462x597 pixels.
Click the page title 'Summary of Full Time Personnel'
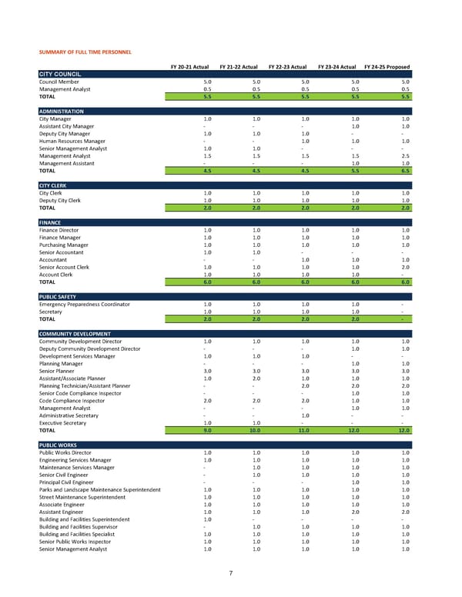click(x=85, y=52)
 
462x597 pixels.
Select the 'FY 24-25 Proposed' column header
click(x=387, y=67)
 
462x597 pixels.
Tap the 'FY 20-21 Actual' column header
click(x=189, y=67)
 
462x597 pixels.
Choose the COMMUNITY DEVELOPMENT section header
click(x=75, y=333)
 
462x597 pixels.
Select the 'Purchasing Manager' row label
click(x=62, y=245)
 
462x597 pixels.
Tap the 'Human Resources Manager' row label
click(x=72, y=142)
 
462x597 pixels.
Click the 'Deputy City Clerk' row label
click(x=59, y=200)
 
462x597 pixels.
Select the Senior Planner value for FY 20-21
click(x=207, y=371)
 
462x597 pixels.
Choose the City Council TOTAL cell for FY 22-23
click(x=305, y=97)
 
